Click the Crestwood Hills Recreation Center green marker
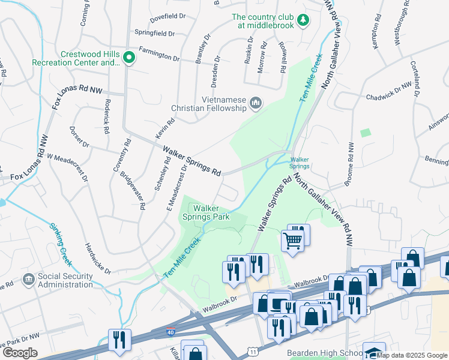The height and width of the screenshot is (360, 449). pyautogui.click(x=128, y=58)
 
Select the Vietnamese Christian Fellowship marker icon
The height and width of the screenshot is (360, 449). pyautogui.click(x=256, y=104)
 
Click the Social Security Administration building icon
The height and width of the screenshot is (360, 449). pyautogui.click(x=28, y=280)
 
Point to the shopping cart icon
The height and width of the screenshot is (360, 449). pyautogui.click(x=292, y=241)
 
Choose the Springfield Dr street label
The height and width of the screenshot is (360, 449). pyautogui.click(x=154, y=34)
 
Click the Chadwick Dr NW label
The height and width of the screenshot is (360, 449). pyautogui.click(x=393, y=92)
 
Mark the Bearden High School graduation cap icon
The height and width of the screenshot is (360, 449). pyautogui.click(x=374, y=352)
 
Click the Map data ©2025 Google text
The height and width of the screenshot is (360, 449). pyautogui.click(x=412, y=355)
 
